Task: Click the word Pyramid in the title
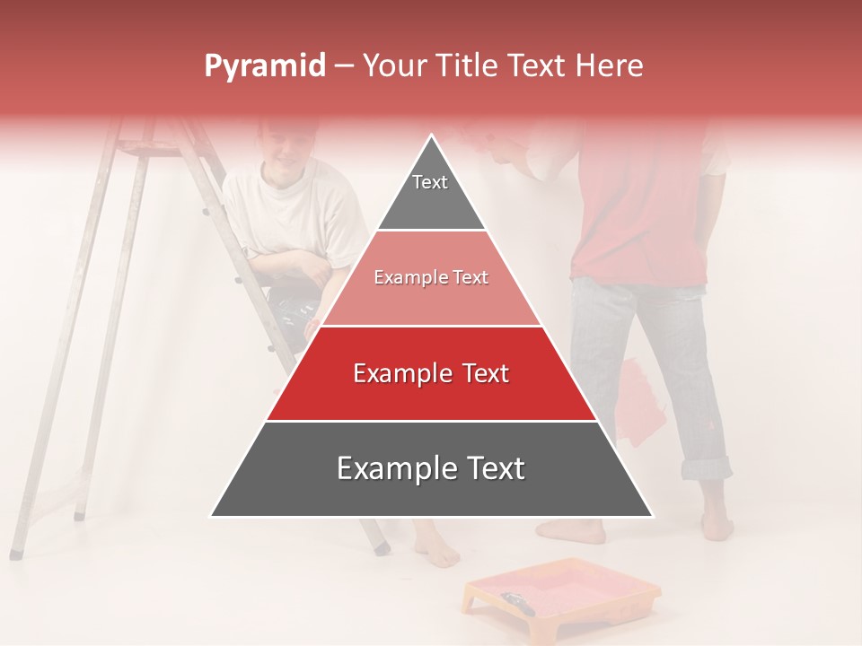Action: (x=264, y=66)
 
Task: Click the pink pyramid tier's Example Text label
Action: (x=431, y=278)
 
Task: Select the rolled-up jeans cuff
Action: (x=706, y=468)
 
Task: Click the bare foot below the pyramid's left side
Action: (x=439, y=549)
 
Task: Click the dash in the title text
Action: (x=344, y=66)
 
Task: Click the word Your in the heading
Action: (x=391, y=66)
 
